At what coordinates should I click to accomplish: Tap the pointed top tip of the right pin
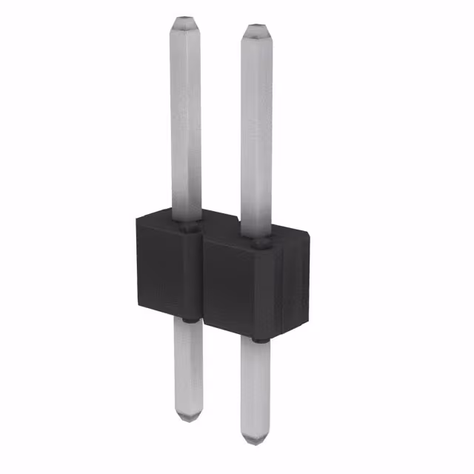point(256,29)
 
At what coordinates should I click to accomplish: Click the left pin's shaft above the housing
point(186,118)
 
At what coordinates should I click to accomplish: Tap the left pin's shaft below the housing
point(187,367)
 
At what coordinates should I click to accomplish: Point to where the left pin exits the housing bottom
point(187,320)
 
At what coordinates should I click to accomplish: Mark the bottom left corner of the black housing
point(138,306)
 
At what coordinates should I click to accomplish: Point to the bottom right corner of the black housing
point(307,326)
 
